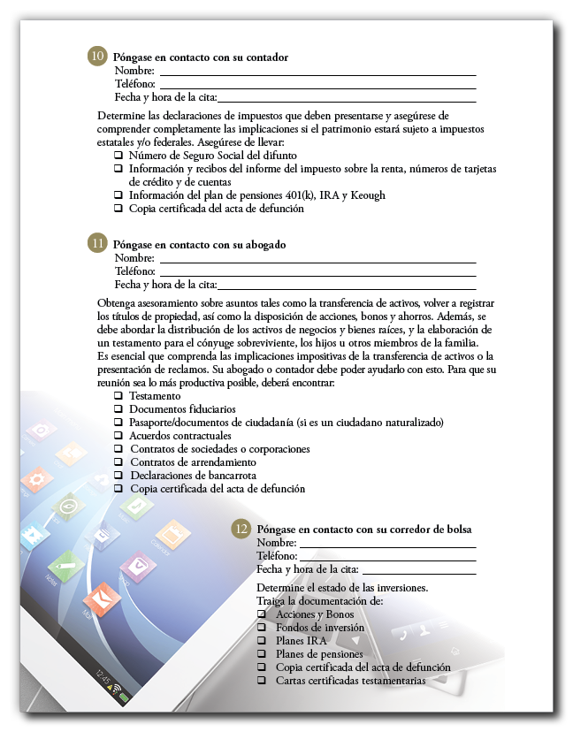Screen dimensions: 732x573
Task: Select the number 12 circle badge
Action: [241, 528]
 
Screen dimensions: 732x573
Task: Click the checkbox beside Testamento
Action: [118, 396]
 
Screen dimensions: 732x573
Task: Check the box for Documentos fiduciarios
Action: [118, 409]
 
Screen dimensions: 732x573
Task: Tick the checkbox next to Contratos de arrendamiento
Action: [118, 462]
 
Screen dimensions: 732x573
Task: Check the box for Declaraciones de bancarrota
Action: [118, 476]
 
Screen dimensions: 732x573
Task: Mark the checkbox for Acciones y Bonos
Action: [261, 614]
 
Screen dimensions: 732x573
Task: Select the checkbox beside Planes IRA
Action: [261, 640]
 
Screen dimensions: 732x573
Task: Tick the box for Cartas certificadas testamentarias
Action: [261, 681]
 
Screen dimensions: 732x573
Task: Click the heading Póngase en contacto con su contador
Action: [202, 57]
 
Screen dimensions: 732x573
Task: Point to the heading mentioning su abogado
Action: [201, 244]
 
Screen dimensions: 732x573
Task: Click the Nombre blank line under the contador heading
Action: [317, 72]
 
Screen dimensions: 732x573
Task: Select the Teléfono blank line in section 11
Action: [317, 272]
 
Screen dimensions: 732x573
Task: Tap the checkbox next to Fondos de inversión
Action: [261, 627]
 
